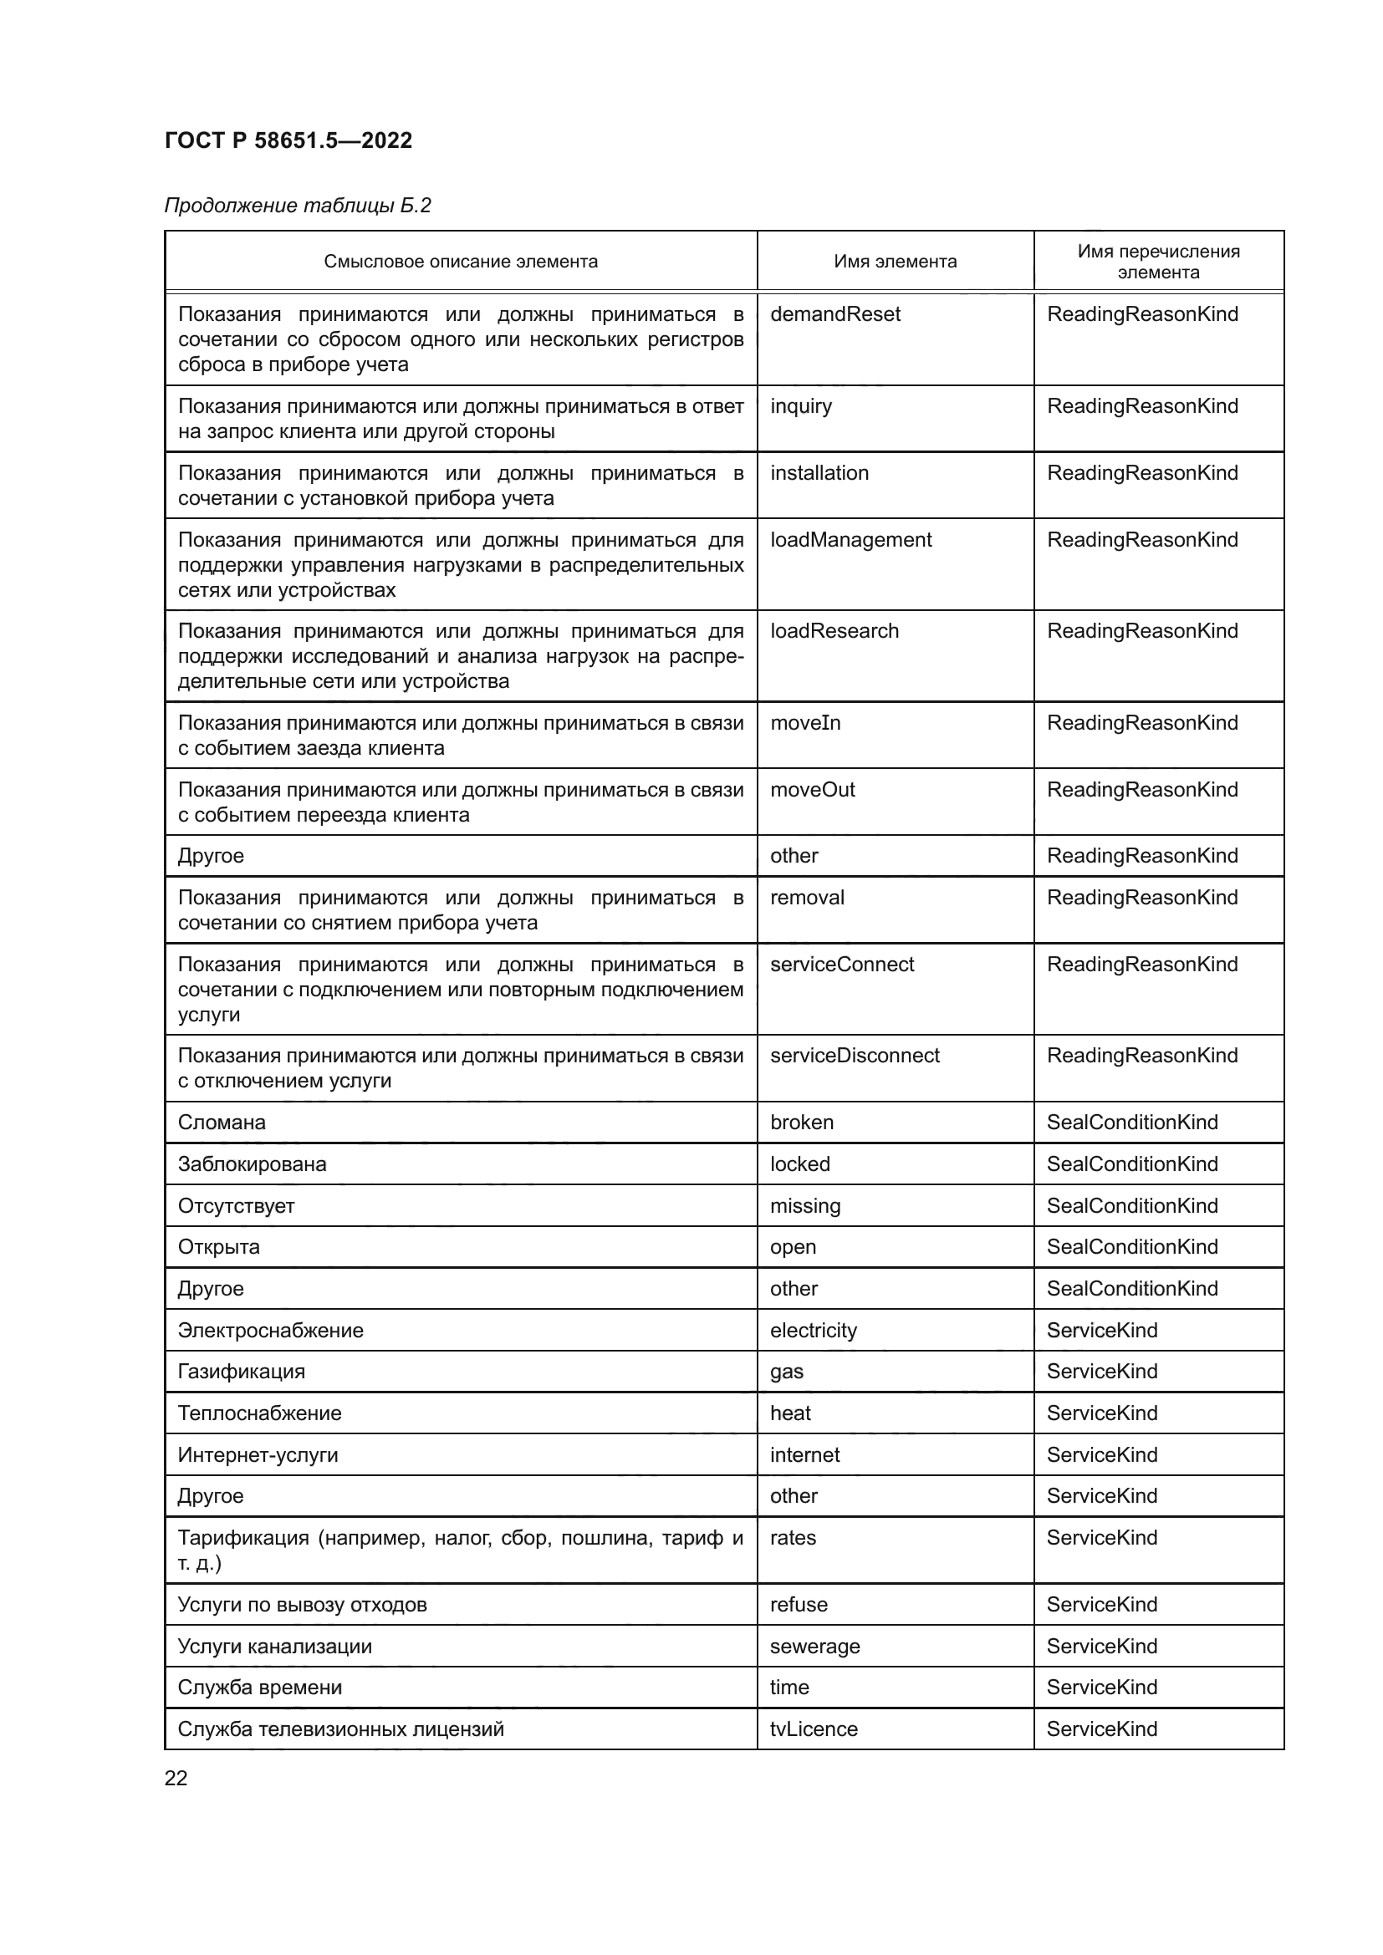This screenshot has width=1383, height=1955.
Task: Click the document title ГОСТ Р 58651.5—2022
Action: [x=288, y=140]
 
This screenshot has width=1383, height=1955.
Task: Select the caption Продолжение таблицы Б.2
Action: [x=297, y=206]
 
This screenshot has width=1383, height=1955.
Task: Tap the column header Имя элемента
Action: [x=894, y=262]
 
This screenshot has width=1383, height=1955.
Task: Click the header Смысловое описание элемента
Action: [x=460, y=262]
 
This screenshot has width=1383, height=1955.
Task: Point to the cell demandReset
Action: [x=834, y=314]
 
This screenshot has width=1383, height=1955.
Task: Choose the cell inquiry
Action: [x=800, y=406]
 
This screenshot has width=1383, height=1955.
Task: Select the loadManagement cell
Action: [x=850, y=540]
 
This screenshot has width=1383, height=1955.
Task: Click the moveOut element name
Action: [x=812, y=789]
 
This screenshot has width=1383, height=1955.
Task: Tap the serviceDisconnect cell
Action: [x=855, y=1055]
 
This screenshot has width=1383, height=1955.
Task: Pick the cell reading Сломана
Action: [x=222, y=1123]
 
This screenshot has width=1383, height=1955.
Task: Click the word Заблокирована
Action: [x=251, y=1164]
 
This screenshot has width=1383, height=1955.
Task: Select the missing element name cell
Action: [x=804, y=1206]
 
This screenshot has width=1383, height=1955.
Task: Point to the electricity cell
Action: [x=813, y=1330]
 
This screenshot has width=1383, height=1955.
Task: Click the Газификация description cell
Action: [x=241, y=1372]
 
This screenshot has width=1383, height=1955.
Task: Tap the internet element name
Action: [x=804, y=1454]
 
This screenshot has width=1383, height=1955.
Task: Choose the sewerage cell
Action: [x=814, y=1646]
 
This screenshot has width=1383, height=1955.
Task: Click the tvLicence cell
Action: [x=814, y=1728]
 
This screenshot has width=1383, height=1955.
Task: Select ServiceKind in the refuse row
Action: [x=1101, y=1604]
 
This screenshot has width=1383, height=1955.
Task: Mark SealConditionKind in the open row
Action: [x=1132, y=1246]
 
